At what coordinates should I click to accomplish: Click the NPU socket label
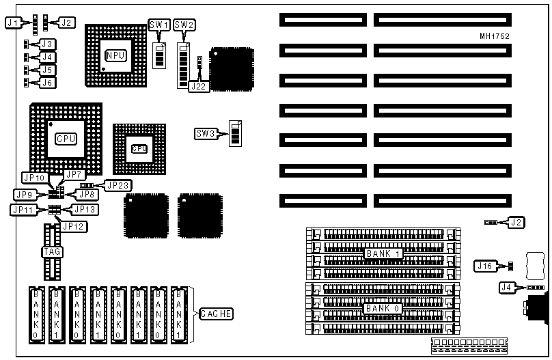[x=116, y=55]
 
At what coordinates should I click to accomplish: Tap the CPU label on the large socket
[x=66, y=137]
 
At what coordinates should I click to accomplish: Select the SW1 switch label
[x=159, y=25]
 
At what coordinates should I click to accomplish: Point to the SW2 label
[x=184, y=25]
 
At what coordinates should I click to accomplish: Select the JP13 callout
[x=85, y=209]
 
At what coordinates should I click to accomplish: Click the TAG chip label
[x=52, y=252]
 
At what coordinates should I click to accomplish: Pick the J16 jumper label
[x=484, y=265]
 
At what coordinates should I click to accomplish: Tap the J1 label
[x=11, y=23]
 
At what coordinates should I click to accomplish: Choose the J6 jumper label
[x=47, y=82]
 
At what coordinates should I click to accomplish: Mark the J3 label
[x=47, y=44]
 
